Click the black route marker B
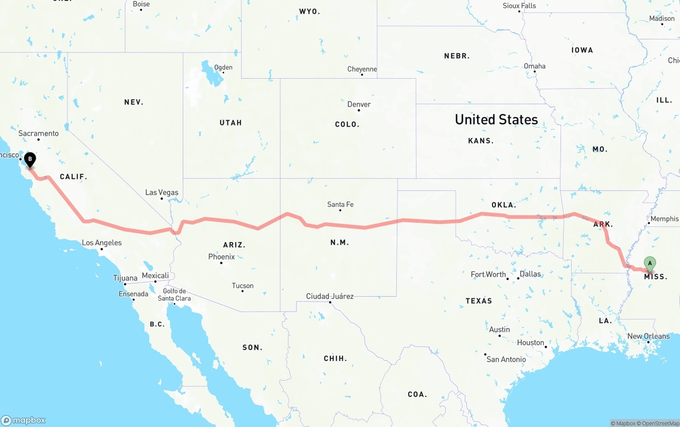pyautogui.click(x=30, y=159)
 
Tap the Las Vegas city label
pyautogui.click(x=162, y=192)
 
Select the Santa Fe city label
pyautogui.click(x=340, y=204)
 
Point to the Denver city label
pyautogui.click(x=359, y=104)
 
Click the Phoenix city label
pyautogui.click(x=222, y=257)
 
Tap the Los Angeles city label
pyautogui.click(x=101, y=243)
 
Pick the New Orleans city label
pyautogui.click(x=649, y=336)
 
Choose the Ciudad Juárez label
pyautogui.click(x=329, y=296)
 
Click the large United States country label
pyautogui.click(x=496, y=120)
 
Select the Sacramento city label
pyautogui.click(x=38, y=133)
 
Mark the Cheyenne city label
pyautogui.click(x=362, y=69)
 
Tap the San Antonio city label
pyautogui.click(x=506, y=359)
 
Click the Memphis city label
pyautogui.click(x=664, y=219)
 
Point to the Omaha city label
pyautogui.click(x=534, y=66)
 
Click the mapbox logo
pyautogui.click(x=23, y=420)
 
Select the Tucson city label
pyautogui.click(x=243, y=286)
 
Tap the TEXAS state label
pyautogui.click(x=479, y=301)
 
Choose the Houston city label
pyautogui.click(x=531, y=342)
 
